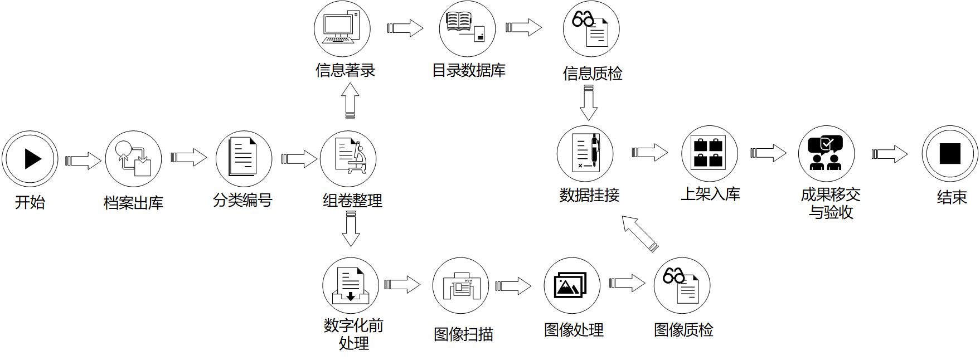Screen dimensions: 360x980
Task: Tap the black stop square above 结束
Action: click(x=949, y=153)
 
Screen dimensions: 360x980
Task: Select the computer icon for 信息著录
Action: click(x=342, y=28)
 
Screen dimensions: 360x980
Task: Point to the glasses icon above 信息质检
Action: click(x=583, y=21)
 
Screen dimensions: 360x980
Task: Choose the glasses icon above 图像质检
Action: click(x=674, y=276)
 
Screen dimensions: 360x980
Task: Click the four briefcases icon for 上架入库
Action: click(x=709, y=153)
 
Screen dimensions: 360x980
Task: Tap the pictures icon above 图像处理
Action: click(x=571, y=285)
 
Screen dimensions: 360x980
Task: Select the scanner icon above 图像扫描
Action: click(x=460, y=285)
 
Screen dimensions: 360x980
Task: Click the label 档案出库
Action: click(x=133, y=202)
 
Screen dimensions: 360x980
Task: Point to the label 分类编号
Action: click(x=242, y=200)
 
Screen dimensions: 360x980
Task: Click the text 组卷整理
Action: click(x=352, y=201)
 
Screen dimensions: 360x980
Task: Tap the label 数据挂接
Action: click(x=589, y=194)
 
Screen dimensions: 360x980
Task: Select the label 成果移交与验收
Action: click(x=831, y=203)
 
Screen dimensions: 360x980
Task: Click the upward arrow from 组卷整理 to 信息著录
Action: click(x=350, y=101)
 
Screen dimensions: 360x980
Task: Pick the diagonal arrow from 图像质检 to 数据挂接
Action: click(x=639, y=233)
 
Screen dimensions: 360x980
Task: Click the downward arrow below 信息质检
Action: click(x=589, y=104)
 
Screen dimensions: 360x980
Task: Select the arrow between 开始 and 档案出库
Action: click(x=84, y=160)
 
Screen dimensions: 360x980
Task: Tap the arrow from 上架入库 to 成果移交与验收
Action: click(x=768, y=153)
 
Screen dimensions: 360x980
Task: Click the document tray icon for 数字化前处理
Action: click(x=350, y=285)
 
